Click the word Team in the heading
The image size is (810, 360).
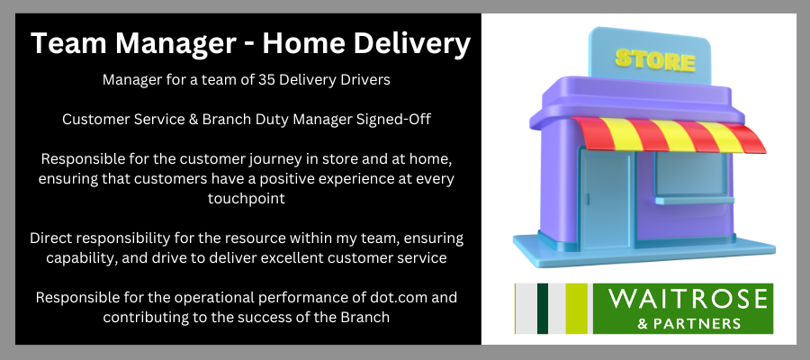click(x=65, y=43)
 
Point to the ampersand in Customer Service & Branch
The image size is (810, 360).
click(x=193, y=120)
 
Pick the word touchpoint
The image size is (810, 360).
click(x=247, y=199)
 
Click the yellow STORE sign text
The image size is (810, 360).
click(x=654, y=60)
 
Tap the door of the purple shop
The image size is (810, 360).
click(x=606, y=198)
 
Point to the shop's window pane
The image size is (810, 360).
click(x=691, y=175)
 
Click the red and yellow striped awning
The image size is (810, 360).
click(x=668, y=134)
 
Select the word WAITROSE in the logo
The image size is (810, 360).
click(x=687, y=300)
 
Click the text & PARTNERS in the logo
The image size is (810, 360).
click(x=689, y=324)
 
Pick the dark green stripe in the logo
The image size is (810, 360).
click(x=543, y=309)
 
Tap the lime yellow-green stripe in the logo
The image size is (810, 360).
click(x=577, y=309)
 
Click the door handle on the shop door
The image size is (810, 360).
click(x=586, y=200)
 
